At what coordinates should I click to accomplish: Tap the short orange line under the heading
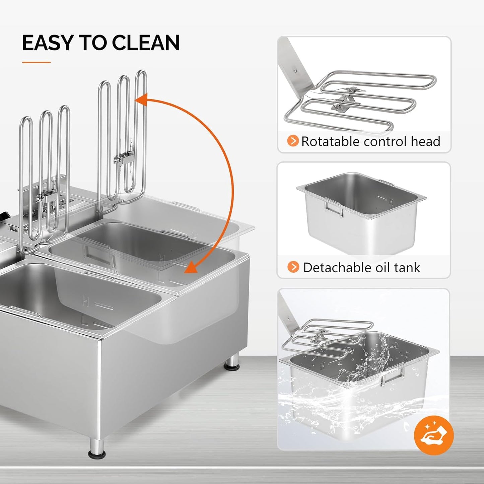point(36,62)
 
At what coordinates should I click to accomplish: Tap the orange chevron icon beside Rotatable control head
point(293,141)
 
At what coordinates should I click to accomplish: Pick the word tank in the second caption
point(407,268)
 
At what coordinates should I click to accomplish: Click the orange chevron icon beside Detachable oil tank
point(293,267)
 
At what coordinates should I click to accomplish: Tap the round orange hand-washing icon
point(433,435)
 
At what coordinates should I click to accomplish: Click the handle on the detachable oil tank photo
point(333,207)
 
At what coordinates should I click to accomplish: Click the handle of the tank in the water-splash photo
point(393,375)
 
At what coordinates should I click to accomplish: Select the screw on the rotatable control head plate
point(295,71)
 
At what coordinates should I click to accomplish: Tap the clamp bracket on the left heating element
point(46,198)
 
